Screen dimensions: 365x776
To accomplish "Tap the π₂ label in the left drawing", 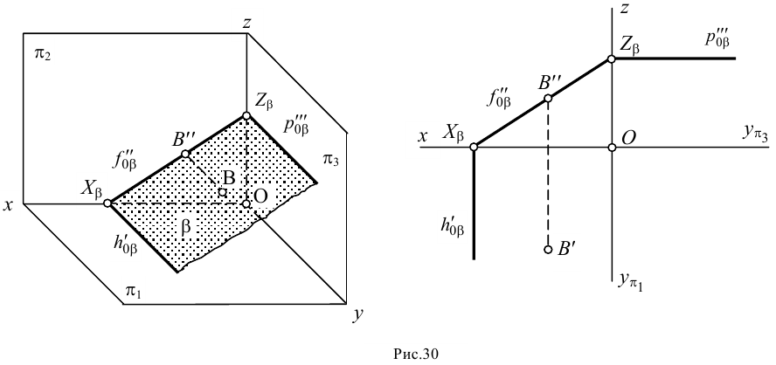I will point(42,54).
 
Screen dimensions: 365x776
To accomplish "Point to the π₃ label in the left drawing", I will point(330,159).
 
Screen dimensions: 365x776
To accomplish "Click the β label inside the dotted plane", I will point(185,224).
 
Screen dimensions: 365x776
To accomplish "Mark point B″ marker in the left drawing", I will point(185,154).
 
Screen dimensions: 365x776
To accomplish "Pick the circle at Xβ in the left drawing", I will point(107,203).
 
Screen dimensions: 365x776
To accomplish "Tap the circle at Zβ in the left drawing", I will point(246,115).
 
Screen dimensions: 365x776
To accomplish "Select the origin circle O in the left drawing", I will point(246,203).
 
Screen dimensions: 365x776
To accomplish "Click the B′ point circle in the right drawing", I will point(548,249).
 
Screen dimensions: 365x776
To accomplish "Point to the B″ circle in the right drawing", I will point(548,98).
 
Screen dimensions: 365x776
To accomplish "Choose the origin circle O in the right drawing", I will point(612,148).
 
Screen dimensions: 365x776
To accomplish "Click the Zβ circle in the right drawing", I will point(612,59).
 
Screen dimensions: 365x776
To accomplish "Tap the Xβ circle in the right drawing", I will point(474,148).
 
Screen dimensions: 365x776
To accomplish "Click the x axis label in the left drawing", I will point(9,206).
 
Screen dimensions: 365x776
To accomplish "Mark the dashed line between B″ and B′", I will point(548,175).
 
